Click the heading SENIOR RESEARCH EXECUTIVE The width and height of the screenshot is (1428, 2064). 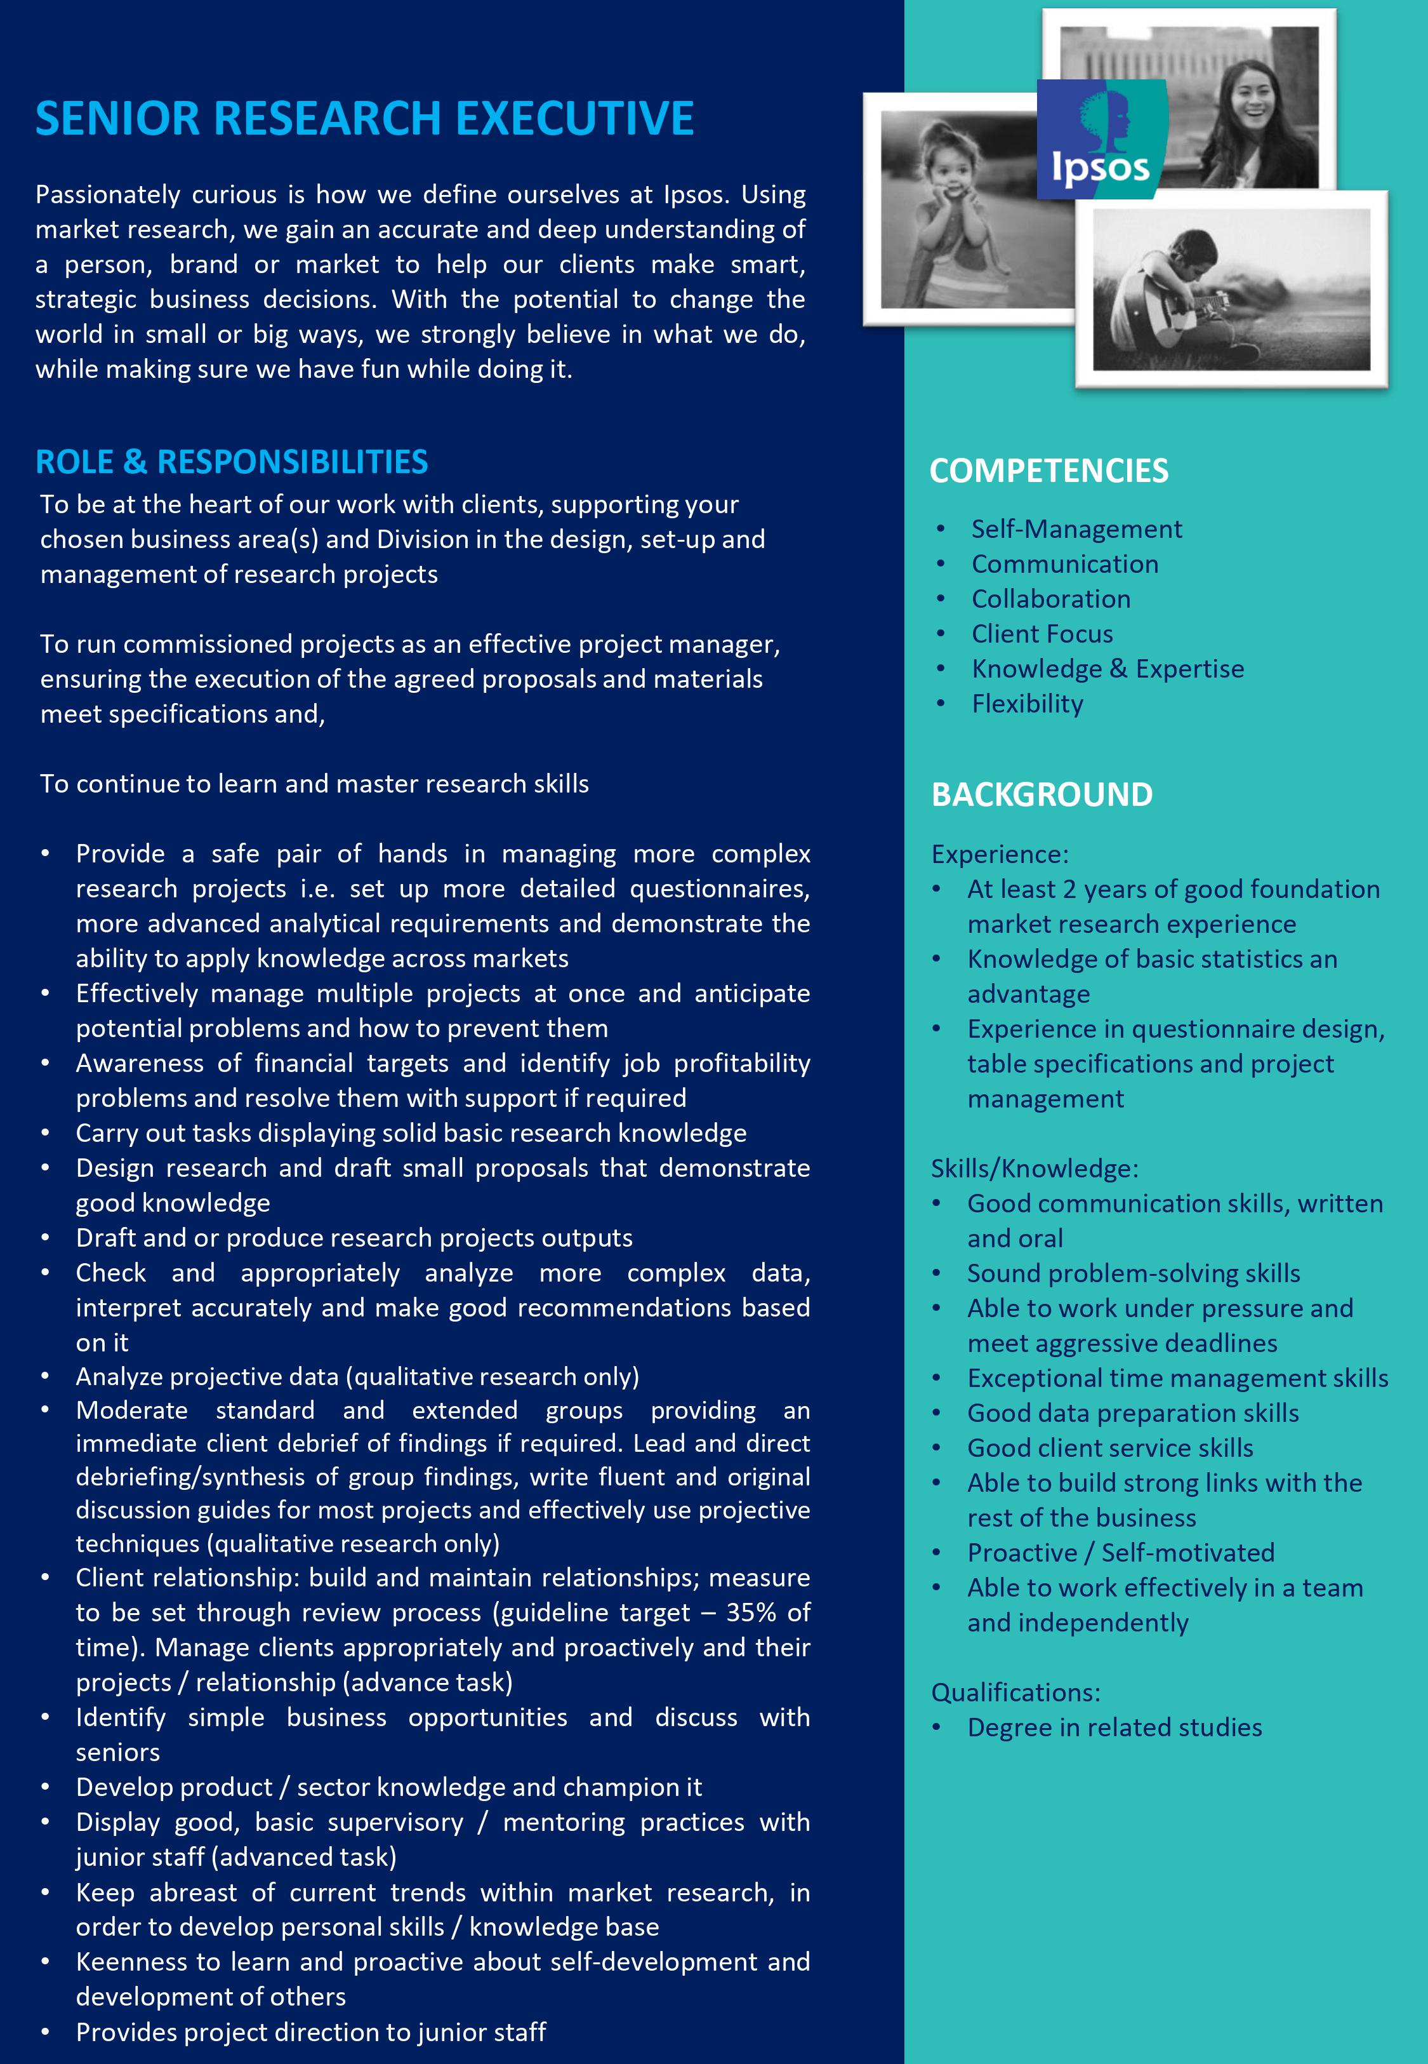tap(364, 118)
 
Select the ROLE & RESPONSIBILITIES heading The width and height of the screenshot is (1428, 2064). tap(232, 462)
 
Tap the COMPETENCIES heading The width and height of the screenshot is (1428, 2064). tap(1048, 471)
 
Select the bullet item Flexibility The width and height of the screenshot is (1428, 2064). tap(1027, 704)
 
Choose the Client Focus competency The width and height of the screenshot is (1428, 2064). tap(1042, 634)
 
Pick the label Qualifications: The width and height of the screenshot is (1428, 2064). tap(1015, 1692)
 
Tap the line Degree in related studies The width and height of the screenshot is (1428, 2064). tap(1114, 1727)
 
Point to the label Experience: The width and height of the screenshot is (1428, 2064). tap(1000, 855)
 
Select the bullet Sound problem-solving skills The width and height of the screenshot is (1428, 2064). tap(1134, 1274)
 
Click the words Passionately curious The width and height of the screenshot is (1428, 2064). tap(157, 195)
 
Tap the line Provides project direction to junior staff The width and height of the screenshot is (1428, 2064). tap(310, 2032)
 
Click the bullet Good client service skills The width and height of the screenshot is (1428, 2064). tap(1109, 1448)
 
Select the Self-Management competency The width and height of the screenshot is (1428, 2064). tap(1076, 530)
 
